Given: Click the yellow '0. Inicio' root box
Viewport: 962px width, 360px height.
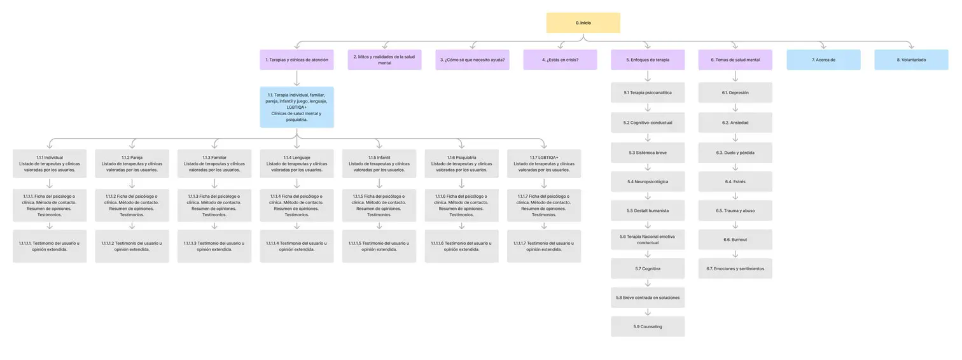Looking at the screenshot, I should point(583,23).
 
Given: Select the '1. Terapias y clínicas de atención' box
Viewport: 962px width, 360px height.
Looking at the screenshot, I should point(296,60).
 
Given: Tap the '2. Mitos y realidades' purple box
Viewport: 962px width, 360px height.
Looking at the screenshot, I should point(384,60).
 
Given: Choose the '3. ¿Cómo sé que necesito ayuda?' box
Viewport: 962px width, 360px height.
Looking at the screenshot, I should point(472,60).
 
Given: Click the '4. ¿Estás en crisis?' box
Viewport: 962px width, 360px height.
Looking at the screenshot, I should point(560,60).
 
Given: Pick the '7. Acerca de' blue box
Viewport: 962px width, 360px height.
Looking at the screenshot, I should point(823,60).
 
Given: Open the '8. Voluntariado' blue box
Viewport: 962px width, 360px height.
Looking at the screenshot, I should point(911,60).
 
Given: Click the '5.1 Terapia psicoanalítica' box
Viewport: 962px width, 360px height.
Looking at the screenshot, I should point(648,93).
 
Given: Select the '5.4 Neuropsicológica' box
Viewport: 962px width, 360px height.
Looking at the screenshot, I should point(648,181).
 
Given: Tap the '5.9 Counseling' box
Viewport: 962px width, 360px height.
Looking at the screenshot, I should point(648,327).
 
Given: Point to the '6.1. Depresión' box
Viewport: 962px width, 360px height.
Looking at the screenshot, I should point(735,93).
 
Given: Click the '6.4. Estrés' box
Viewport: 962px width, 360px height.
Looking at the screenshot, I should point(735,181).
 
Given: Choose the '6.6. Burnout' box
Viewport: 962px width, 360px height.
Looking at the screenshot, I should point(735,240).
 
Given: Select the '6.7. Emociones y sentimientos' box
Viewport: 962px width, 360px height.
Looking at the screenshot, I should point(735,268).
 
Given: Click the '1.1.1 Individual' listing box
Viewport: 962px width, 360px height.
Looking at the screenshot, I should point(50,163).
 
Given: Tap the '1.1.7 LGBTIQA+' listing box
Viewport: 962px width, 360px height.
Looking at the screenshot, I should point(544,163).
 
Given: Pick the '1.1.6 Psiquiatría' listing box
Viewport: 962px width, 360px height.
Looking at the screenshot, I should point(461,163).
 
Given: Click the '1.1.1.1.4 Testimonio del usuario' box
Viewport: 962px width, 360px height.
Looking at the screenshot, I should point(296,246).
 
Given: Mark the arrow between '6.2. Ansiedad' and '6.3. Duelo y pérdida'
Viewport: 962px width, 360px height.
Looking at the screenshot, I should point(735,137).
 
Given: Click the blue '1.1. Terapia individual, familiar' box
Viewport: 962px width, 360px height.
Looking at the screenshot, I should point(296,107).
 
